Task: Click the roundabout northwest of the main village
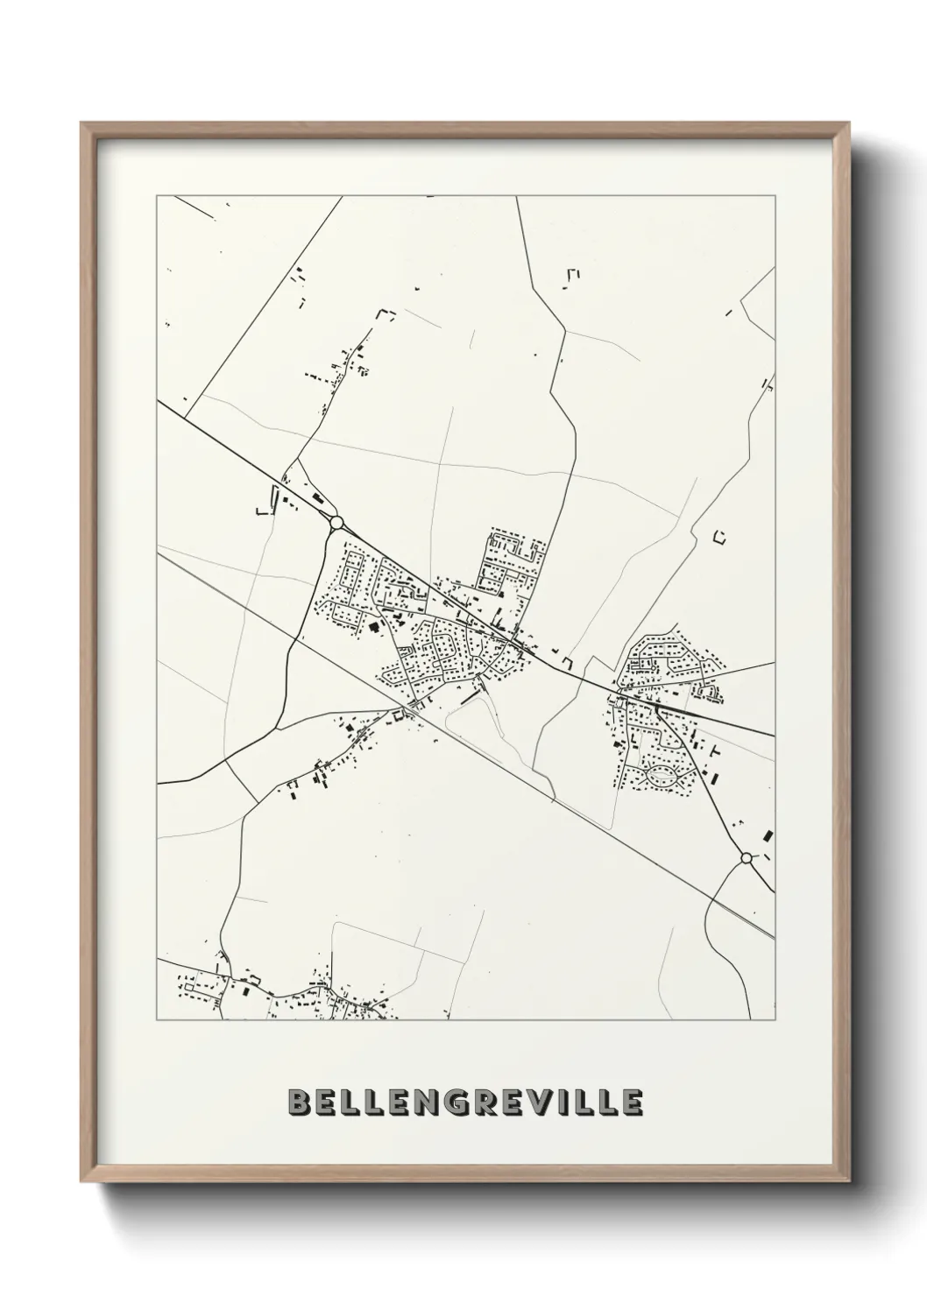pyautogui.click(x=336, y=523)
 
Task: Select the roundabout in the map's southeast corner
pyautogui.click(x=746, y=858)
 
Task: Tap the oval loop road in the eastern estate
pyautogui.click(x=663, y=774)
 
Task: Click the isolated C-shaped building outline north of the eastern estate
pyautogui.click(x=721, y=537)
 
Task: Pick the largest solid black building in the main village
pyautogui.click(x=374, y=627)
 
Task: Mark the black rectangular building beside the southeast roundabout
pyautogui.click(x=768, y=835)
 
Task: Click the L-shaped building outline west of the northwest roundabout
pyautogui.click(x=261, y=510)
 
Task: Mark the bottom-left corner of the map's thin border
pyautogui.click(x=157, y=1019)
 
